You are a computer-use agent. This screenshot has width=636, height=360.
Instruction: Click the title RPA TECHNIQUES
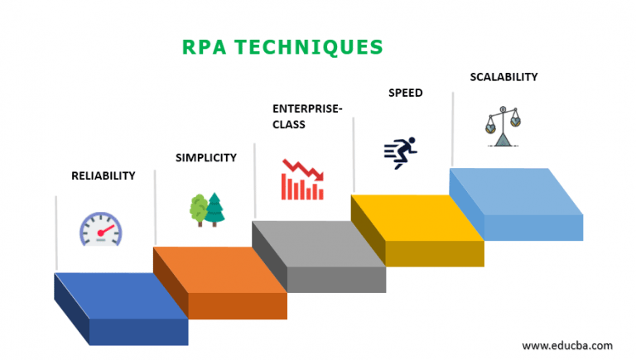[x=282, y=46]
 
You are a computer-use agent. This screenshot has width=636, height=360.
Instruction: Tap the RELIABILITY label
[x=103, y=175]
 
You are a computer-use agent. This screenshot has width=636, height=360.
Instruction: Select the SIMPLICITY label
[x=205, y=158]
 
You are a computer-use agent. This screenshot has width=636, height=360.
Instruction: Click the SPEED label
[x=405, y=93]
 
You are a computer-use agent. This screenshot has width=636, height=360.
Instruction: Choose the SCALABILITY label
[x=503, y=77]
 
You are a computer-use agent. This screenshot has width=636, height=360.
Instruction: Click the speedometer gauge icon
[x=100, y=229]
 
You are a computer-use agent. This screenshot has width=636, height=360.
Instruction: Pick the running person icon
[x=400, y=152]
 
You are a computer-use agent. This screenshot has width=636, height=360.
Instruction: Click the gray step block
[x=318, y=253]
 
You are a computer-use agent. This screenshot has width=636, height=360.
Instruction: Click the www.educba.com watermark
[x=567, y=345]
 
